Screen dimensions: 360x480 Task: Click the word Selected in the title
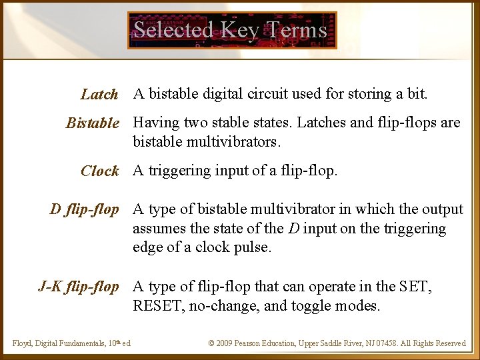click(173, 30)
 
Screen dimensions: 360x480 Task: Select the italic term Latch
click(99, 95)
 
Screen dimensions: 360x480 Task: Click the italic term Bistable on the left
click(93, 123)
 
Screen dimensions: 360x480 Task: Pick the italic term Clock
click(99, 171)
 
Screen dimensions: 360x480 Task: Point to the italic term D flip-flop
click(85, 209)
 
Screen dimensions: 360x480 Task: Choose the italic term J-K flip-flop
click(79, 287)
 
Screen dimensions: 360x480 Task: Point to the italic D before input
click(293, 229)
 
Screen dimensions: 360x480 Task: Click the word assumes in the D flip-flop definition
click(159, 229)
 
